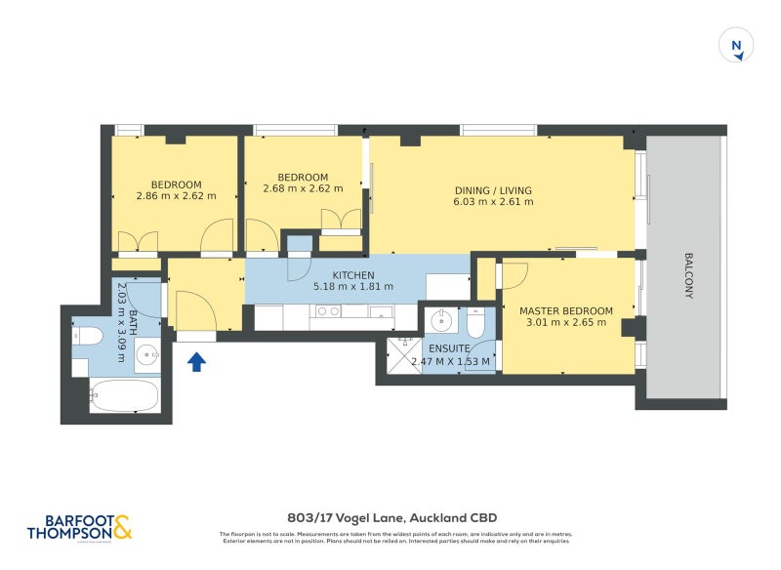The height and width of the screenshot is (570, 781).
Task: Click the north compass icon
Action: click(x=737, y=46)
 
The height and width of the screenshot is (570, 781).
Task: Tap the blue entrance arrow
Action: click(x=196, y=362)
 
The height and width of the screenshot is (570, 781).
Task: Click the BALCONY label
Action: click(x=688, y=276)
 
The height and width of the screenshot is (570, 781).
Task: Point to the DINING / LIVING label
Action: click(x=493, y=190)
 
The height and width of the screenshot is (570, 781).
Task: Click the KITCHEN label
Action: click(x=353, y=274)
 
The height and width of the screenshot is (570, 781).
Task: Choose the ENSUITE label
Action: click(x=449, y=348)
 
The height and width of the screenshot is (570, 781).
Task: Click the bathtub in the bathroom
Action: click(x=125, y=396)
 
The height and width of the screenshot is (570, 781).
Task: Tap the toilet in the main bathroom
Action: click(x=88, y=336)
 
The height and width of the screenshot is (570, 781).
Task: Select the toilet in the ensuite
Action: click(x=475, y=321)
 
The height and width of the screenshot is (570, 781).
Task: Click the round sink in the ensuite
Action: click(x=441, y=319)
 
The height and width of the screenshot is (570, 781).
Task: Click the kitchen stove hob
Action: click(x=328, y=312)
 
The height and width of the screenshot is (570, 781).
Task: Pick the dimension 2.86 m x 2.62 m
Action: click(x=176, y=196)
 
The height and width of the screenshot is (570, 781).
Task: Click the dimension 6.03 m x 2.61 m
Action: click(x=493, y=202)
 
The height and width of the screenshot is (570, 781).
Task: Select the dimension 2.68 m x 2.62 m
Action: click(x=303, y=189)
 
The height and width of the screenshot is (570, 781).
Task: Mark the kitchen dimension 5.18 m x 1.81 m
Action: click(x=353, y=287)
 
